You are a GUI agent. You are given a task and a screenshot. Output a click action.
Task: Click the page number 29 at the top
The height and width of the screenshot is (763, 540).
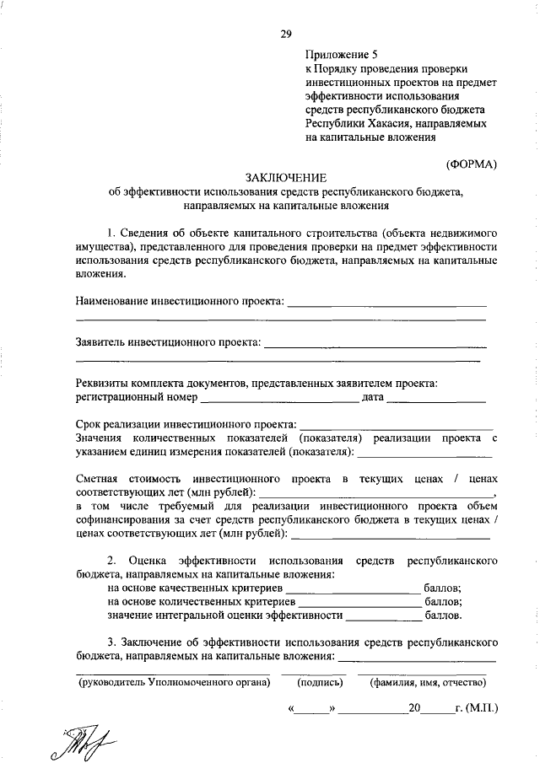[x=286, y=33]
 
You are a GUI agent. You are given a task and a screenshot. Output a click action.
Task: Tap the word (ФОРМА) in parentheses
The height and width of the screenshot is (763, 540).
[x=472, y=162]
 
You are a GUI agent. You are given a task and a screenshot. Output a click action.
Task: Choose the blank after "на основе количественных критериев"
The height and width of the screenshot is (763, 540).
[x=359, y=604]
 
